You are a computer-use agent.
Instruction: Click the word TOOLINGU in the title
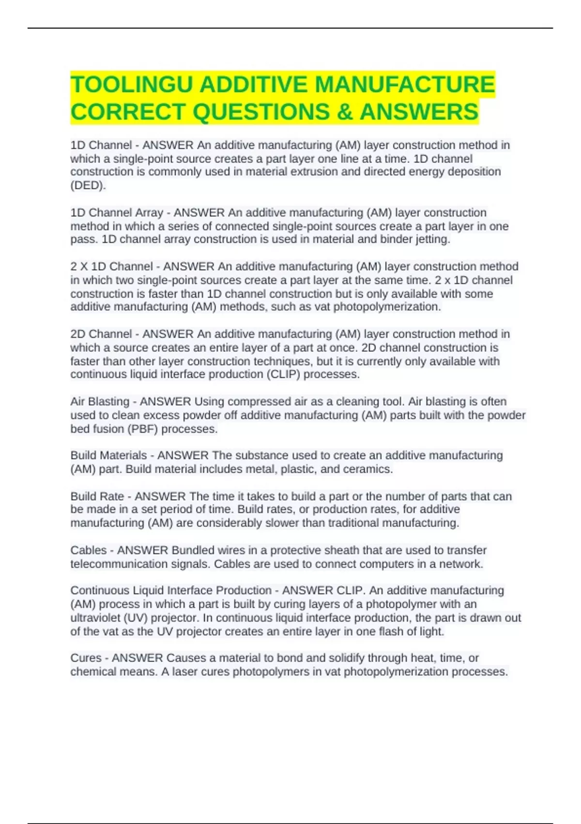click(132, 85)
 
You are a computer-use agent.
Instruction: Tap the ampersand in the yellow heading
click(345, 112)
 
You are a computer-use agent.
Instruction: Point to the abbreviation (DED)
click(88, 185)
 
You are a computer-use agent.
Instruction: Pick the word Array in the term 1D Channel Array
click(149, 213)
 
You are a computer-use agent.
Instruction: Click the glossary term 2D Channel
click(101, 334)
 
